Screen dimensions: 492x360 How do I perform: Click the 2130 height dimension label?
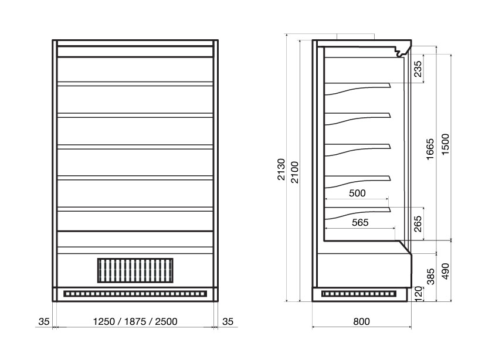[x=281, y=169]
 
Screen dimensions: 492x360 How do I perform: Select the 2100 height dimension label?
[x=295, y=172]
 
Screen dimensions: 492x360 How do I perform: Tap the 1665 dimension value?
[x=430, y=149]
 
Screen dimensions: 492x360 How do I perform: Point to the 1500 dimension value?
[x=445, y=144]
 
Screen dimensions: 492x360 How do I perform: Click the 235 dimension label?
[x=418, y=69]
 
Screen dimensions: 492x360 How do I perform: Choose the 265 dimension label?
[x=418, y=224]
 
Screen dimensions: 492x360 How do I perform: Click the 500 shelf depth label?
[x=357, y=193]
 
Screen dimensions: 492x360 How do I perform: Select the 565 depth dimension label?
[x=360, y=222]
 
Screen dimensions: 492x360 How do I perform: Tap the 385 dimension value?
[x=431, y=276]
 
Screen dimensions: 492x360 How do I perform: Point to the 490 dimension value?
[x=445, y=271]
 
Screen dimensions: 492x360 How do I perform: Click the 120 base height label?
[x=419, y=294]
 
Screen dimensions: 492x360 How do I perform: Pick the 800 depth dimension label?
[x=361, y=321]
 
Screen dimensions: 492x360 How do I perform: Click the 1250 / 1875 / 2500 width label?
[x=135, y=321]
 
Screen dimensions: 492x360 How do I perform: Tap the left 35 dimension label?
[x=44, y=321]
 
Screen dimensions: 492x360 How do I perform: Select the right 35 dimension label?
[x=228, y=321]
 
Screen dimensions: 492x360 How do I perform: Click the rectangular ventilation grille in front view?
[x=135, y=270]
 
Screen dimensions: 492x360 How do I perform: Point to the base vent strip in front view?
[x=135, y=294]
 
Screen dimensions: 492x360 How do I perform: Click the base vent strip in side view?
[x=359, y=294]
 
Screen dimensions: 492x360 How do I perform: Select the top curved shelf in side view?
[x=358, y=88]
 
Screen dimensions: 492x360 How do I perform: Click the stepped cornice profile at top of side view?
[x=403, y=50]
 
